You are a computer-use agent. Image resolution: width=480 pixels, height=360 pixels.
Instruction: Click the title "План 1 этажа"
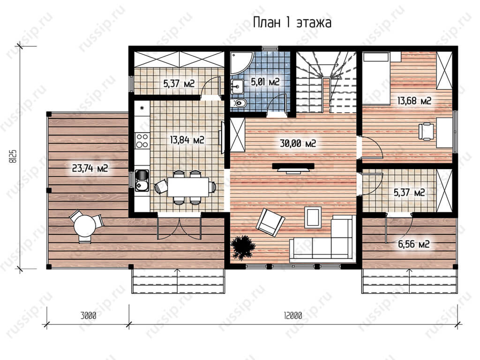pos(292,22)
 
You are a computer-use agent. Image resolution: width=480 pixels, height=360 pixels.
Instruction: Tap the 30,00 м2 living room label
pos(298,143)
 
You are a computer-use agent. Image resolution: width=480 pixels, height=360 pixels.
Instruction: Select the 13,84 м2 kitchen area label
pos(187,140)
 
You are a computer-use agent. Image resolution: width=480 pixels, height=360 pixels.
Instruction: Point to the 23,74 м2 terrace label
pos(90,168)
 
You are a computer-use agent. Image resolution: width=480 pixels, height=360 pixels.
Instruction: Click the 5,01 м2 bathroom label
pos(265,82)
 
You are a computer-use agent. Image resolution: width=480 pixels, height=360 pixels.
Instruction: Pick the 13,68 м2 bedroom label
pos(414,100)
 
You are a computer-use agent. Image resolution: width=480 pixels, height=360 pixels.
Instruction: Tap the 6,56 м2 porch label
pos(413,244)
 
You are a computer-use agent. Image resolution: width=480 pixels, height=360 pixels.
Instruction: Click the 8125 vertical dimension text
pos(13,157)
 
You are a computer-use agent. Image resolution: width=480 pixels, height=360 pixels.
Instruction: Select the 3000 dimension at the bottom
pos(88,315)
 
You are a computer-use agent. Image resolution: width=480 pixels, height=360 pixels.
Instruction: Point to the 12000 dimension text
pos(292,315)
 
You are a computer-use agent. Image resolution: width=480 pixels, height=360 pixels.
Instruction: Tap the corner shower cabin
pos(242,63)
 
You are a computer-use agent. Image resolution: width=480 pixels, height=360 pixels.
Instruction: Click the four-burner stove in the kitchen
pos(142,140)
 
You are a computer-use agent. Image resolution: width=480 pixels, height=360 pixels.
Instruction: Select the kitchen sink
pos(142,181)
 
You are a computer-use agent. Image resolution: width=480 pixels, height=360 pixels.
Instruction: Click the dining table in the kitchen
pos(188,187)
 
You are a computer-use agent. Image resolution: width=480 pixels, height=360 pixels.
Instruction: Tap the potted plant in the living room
pos(243,247)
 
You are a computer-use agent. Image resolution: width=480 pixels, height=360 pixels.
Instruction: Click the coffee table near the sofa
pos(313,217)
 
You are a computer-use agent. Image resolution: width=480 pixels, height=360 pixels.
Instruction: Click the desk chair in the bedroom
pos(426,131)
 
